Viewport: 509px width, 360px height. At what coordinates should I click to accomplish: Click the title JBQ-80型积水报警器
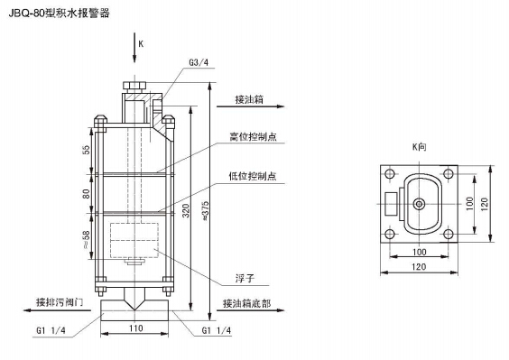pyautogui.click(x=60, y=13)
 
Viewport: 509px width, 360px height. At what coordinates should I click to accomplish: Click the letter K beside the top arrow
pyautogui.click(x=141, y=44)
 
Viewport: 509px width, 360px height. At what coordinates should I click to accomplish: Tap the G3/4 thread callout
pyautogui.click(x=199, y=62)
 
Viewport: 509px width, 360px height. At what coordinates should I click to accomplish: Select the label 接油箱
pyautogui.click(x=249, y=99)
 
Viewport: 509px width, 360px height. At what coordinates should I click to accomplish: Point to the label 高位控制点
pyautogui.click(x=254, y=136)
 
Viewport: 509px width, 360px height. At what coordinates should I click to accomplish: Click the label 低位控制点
pyautogui.click(x=253, y=176)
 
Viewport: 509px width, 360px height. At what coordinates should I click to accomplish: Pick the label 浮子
pyautogui.click(x=245, y=279)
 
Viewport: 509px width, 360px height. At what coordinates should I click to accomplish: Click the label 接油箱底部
pyautogui.click(x=246, y=303)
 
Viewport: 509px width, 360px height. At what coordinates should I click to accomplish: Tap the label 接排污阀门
pyautogui.click(x=60, y=302)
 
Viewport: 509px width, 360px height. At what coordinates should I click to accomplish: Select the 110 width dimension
pyautogui.click(x=135, y=328)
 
